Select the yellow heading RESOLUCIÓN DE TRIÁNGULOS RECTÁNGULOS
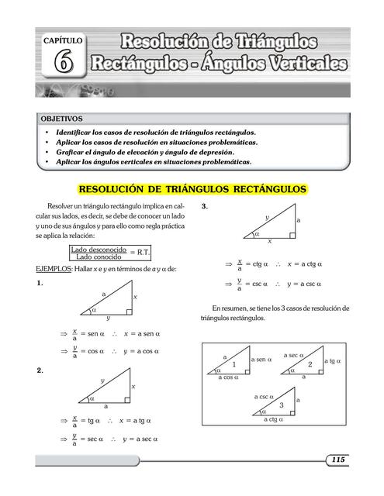point(193,189)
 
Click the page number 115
point(337,460)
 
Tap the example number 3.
point(204,207)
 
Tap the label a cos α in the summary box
point(230,377)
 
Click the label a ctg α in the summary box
point(275,419)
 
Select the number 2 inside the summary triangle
point(310,364)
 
